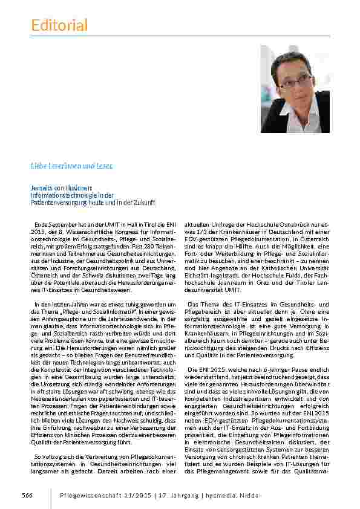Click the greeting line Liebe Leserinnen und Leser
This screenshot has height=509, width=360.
(71, 165)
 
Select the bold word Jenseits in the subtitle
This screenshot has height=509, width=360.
(42, 189)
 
